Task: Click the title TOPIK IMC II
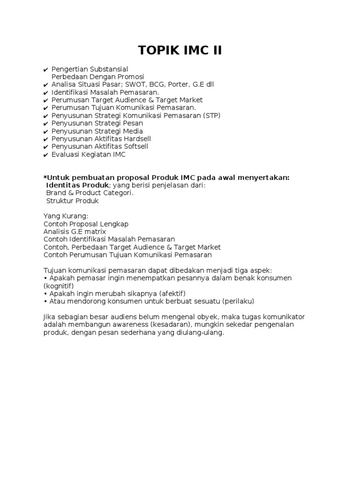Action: click(180, 50)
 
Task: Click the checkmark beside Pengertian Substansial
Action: click(45, 69)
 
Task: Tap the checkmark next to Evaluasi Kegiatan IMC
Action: click(45, 155)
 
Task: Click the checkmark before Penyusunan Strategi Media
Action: click(45, 131)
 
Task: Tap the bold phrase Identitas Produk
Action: click(77, 185)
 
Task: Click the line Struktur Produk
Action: click(72, 201)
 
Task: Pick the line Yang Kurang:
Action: click(66, 216)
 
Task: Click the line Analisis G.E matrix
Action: click(75, 232)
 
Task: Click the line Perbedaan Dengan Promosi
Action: click(97, 77)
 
